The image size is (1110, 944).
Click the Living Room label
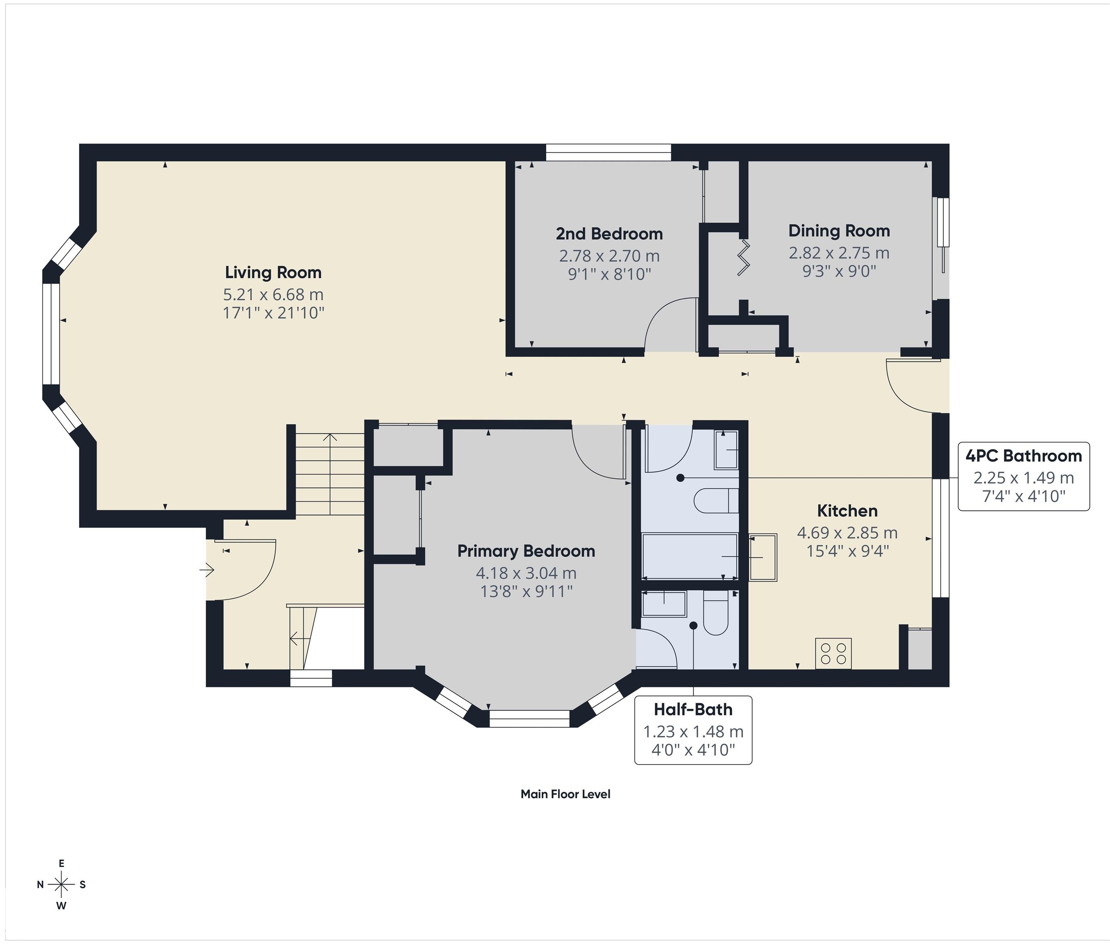[273, 272]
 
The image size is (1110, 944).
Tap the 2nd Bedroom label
[609, 234]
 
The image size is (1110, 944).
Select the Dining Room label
[839, 231]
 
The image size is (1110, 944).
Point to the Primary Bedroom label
[526, 551]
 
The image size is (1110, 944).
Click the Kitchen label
[847, 511]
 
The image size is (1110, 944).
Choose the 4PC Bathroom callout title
[1023, 456]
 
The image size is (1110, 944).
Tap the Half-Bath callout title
[693, 710]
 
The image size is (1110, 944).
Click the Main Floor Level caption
[565, 794]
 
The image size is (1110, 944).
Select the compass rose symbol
[61, 885]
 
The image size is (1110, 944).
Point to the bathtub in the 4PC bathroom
[690, 556]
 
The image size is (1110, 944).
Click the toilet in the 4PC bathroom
[716, 501]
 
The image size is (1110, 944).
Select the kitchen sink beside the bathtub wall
[763, 557]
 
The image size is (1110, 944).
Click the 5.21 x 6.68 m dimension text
[273, 295]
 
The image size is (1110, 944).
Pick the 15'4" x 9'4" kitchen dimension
[847, 551]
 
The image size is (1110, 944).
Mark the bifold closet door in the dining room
[744, 257]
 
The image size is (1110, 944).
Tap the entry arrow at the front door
[207, 570]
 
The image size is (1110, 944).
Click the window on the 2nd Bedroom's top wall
[608, 152]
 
